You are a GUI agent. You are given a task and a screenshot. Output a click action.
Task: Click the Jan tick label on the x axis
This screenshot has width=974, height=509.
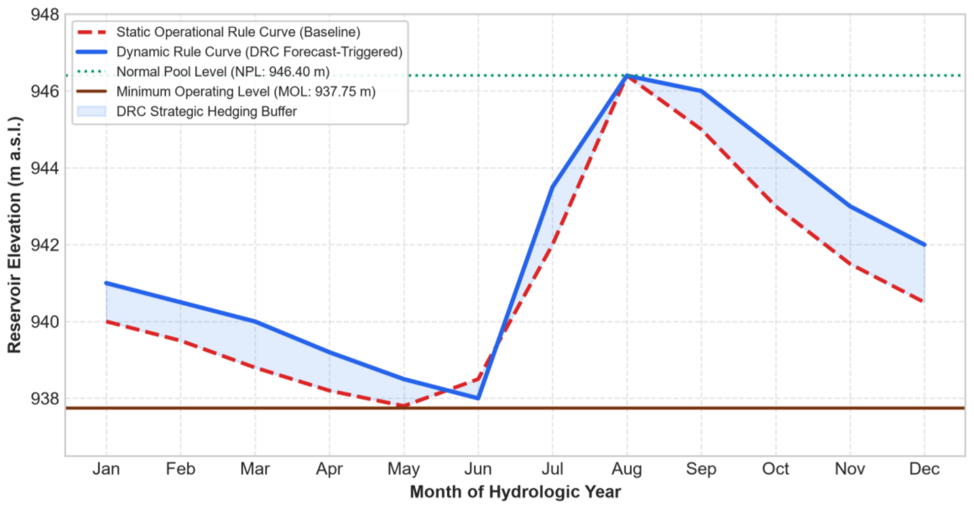[106, 469]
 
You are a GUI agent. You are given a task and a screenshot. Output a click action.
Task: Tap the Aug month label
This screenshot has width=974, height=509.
[627, 469]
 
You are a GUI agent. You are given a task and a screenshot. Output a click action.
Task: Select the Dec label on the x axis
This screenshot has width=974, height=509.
[925, 469]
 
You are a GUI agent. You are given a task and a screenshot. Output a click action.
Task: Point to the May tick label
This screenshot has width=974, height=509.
[404, 469]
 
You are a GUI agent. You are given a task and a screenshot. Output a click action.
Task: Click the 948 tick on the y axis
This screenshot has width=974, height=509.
[45, 15]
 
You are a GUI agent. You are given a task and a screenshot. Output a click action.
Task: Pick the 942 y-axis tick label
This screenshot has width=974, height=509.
[45, 245]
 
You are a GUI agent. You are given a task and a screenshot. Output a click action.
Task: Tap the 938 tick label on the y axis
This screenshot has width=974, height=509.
[45, 398]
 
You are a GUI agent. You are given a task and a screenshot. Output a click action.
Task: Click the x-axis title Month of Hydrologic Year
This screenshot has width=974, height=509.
[516, 492]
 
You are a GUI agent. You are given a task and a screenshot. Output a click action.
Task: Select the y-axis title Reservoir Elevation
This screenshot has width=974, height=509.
[15, 235]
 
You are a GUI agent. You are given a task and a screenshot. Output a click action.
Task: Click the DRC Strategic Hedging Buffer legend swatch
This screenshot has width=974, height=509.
[91, 111]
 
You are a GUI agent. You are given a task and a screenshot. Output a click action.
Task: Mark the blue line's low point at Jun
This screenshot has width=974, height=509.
[478, 398]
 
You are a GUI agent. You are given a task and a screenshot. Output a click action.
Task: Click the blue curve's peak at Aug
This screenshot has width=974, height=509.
[627, 76]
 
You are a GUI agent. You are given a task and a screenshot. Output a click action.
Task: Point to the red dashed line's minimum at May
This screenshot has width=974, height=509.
[404, 406]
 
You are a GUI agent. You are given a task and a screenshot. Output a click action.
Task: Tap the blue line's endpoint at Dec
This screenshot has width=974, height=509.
[925, 245]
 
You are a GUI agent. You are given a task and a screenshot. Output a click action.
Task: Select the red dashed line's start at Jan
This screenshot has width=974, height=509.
[106, 322]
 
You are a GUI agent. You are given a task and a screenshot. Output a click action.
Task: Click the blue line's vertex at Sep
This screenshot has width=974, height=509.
[701, 91]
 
